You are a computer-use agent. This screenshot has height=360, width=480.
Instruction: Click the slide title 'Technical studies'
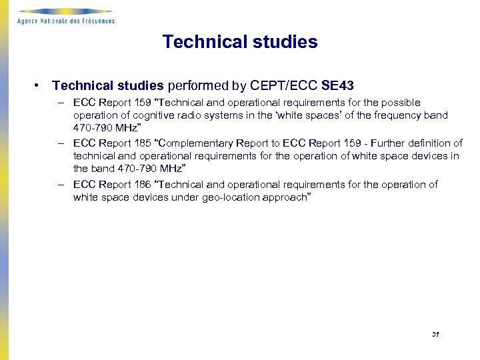[x=240, y=42]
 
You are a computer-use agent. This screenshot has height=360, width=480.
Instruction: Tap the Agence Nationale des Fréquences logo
[x=66, y=16]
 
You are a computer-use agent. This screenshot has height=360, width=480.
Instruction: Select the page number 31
[x=435, y=334]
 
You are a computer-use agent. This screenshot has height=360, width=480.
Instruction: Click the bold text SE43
[x=337, y=85]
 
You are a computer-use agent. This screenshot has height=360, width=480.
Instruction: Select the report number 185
[x=145, y=143]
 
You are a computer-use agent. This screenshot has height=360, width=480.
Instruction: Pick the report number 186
[x=145, y=185]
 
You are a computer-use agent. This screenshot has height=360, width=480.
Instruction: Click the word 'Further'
[x=393, y=143]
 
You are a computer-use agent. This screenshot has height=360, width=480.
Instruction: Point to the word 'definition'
[x=437, y=143]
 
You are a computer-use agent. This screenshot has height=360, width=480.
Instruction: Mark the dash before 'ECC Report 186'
[x=61, y=185]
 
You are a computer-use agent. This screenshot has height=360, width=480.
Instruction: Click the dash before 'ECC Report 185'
[x=61, y=143]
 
